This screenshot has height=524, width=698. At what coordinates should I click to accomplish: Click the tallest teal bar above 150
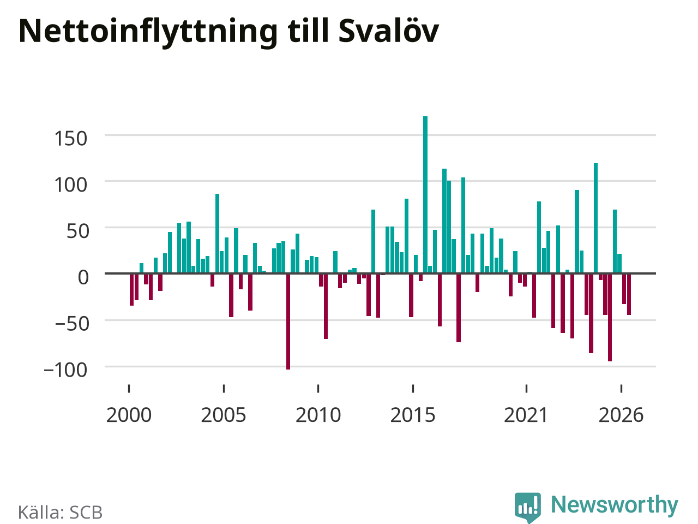425,195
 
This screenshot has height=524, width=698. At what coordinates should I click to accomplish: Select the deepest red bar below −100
288,321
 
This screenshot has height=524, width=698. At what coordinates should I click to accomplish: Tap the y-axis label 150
70,139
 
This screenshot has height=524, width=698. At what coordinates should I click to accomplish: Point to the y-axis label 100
70,185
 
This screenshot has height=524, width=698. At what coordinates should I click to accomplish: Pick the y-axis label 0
83,277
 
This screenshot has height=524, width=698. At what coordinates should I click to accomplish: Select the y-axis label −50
72,324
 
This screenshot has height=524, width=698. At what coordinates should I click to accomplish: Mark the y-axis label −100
65,370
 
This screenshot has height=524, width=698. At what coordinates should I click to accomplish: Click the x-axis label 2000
129,415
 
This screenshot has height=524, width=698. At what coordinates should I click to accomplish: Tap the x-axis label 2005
224,415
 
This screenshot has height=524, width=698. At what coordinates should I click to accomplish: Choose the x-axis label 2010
318,415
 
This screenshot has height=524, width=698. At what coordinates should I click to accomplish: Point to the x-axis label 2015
413,415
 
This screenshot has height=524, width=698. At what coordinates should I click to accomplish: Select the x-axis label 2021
526,415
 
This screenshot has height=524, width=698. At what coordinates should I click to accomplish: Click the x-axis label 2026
621,415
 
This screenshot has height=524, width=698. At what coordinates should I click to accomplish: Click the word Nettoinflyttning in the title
148,32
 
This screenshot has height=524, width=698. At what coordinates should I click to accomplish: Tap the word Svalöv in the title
389,31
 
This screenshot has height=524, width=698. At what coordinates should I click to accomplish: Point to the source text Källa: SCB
60,512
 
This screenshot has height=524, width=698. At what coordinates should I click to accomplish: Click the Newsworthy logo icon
528,507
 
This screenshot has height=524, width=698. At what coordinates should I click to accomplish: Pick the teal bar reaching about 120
595,218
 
